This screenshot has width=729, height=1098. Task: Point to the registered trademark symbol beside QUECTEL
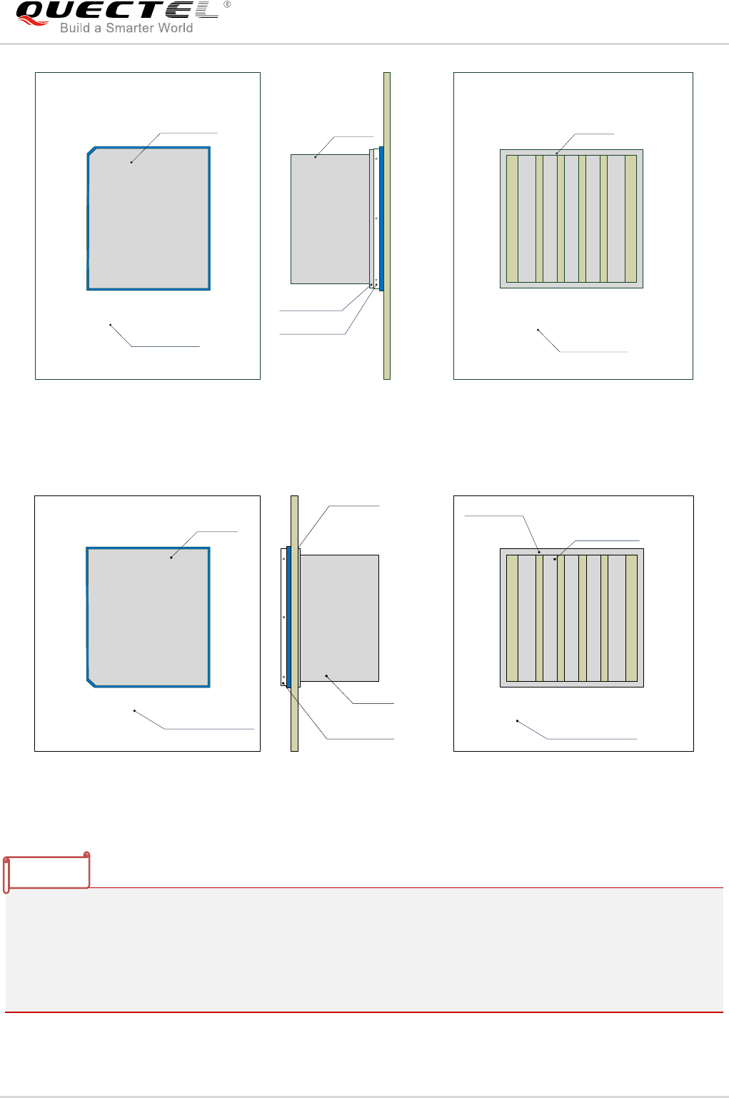click(227, 4)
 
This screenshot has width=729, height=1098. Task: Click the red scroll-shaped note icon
click(46, 872)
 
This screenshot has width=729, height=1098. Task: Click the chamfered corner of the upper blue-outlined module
click(91, 151)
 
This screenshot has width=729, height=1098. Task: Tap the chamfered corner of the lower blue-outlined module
click(91, 683)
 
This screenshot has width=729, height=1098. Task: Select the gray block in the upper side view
click(329, 219)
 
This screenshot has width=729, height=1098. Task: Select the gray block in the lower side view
click(339, 618)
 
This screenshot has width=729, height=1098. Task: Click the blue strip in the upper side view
click(381, 218)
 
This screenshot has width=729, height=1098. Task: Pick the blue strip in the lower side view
click(288, 617)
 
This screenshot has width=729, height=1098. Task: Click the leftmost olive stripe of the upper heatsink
click(512, 218)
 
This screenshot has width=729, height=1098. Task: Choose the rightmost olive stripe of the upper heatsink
click(630, 218)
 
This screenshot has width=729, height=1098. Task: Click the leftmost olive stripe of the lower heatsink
click(512, 618)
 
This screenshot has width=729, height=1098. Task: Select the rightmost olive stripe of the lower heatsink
click(631, 618)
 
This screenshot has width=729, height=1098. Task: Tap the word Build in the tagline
click(75, 29)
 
